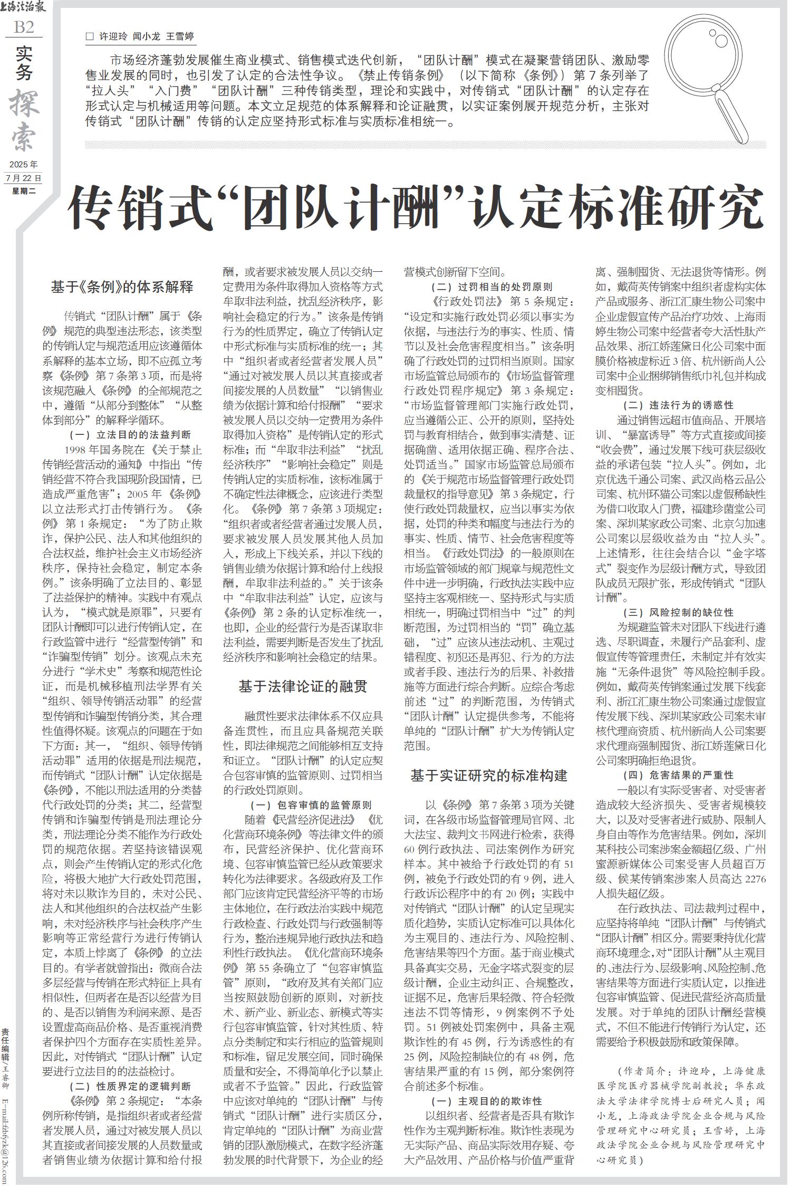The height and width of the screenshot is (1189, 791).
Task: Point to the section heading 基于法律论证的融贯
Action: (303, 687)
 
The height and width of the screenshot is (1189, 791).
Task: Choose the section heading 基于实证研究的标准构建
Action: (489, 776)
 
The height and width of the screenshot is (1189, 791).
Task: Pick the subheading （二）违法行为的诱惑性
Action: (678, 406)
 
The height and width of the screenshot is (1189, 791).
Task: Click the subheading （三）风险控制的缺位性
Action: (678, 613)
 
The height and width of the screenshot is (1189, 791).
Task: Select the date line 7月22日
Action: (23, 178)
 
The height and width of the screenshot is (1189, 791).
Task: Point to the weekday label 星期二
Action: (23, 191)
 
